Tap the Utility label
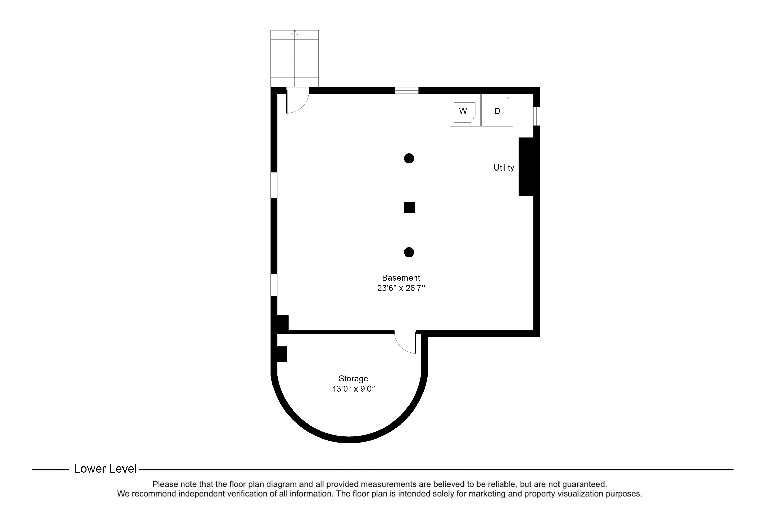pos(503,168)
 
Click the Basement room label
pos(401,278)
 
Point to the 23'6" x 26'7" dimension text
pos(401,288)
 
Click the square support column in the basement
pos(409,207)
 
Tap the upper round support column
pos(409,158)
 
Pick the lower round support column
pos(409,252)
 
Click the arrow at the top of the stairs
pos(295,33)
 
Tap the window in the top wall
pos(407,91)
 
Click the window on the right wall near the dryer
pos(536,116)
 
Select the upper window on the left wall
pos(274,185)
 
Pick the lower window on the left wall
pos(274,285)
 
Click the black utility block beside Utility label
pos(526,167)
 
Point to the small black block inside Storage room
pos(281,354)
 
